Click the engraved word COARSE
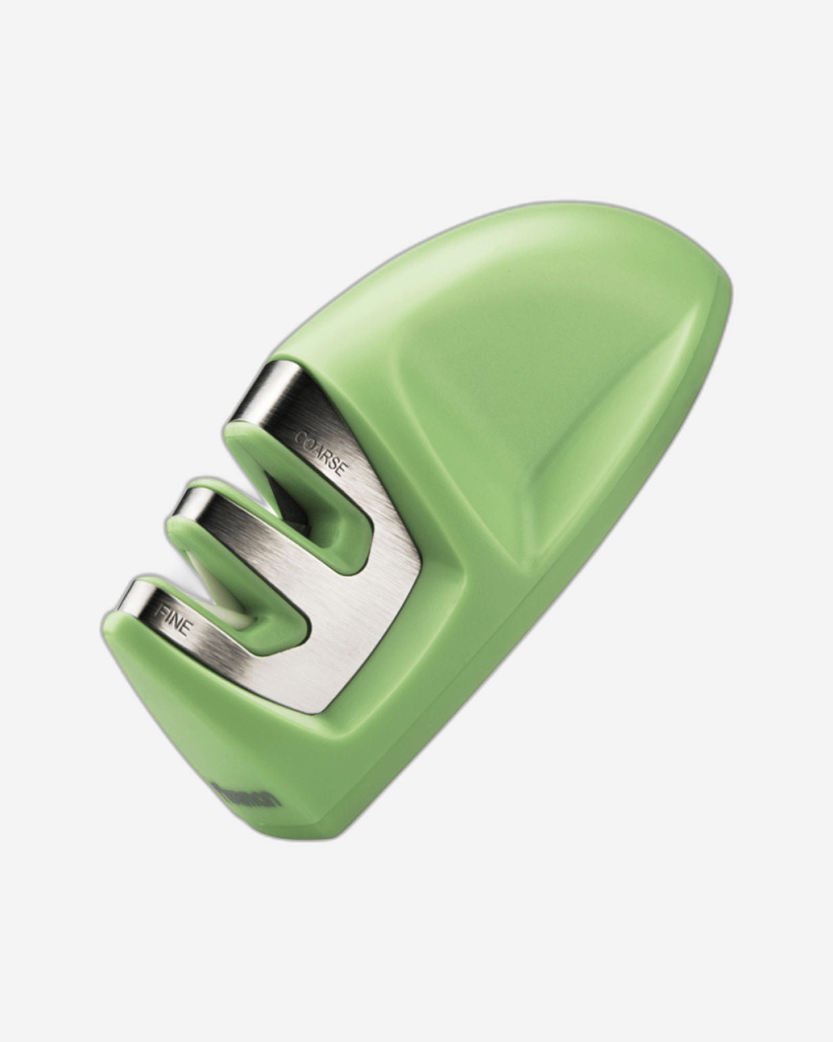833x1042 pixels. [321, 450]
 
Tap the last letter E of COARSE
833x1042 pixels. [342, 469]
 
